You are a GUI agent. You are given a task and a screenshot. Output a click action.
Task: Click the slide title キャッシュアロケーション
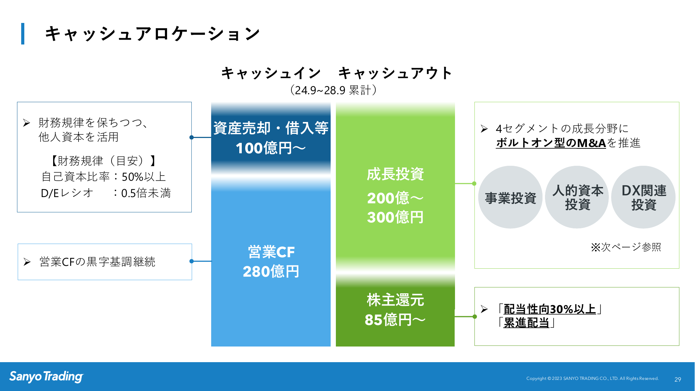(152, 34)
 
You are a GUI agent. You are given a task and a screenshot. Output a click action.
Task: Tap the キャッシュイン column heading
(271, 73)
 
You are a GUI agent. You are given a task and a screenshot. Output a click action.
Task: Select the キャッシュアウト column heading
(395, 73)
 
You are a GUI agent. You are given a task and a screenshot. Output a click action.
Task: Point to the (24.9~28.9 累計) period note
(333, 90)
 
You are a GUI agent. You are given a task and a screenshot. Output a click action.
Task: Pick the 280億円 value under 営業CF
(271, 271)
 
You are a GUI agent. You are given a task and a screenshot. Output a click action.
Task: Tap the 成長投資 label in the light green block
(395, 174)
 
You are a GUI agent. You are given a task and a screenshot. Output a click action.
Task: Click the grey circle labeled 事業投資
(510, 197)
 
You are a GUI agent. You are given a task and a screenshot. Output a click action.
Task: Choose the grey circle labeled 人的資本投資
(577, 197)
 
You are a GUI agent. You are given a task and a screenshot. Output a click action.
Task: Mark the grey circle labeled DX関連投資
(644, 197)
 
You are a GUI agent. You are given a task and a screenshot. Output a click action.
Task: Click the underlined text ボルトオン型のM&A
(551, 143)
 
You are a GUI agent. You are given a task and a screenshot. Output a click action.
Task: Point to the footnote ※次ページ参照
(626, 247)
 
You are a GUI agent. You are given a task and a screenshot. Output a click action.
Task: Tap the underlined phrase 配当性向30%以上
(549, 309)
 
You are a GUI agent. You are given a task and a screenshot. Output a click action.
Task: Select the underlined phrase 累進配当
(526, 323)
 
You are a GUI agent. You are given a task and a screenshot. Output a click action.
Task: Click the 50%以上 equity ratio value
(143, 177)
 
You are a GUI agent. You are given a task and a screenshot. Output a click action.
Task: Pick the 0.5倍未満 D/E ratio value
(146, 193)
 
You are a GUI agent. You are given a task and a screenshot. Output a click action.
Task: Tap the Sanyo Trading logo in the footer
(46, 376)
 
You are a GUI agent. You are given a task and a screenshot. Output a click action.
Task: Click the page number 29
(678, 380)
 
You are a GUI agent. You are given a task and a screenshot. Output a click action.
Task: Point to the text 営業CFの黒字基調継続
(97, 262)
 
